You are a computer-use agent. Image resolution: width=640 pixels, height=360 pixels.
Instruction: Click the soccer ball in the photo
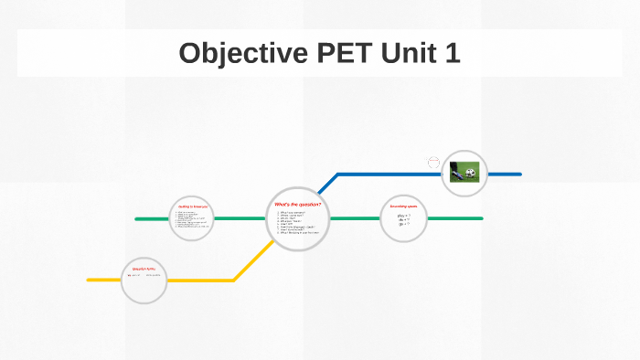coord(470,171)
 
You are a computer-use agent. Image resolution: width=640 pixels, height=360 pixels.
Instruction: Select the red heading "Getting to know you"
coord(194,207)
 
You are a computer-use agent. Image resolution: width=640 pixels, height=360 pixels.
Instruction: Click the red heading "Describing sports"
coord(403,206)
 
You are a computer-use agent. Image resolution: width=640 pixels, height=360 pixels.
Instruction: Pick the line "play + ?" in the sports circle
coord(403,215)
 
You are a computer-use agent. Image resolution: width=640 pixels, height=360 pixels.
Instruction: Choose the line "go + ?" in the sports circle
coord(402,224)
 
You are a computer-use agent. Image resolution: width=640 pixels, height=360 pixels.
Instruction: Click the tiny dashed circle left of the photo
coord(433,162)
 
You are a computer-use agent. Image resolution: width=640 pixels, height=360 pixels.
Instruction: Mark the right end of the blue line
coord(519,174)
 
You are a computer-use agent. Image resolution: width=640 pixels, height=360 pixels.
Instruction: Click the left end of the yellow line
coord(90,280)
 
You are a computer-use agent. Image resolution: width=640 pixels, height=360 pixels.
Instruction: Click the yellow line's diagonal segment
coord(251,260)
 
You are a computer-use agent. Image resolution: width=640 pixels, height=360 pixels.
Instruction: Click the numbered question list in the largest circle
coord(298,223)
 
